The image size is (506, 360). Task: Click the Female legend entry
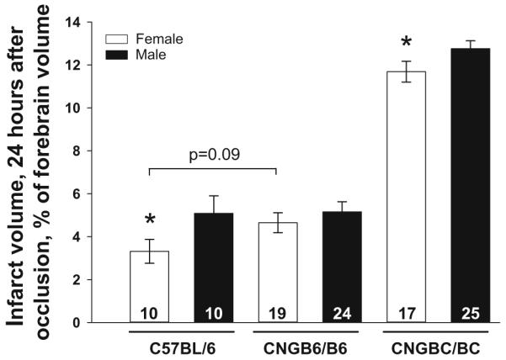coord(143,39)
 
